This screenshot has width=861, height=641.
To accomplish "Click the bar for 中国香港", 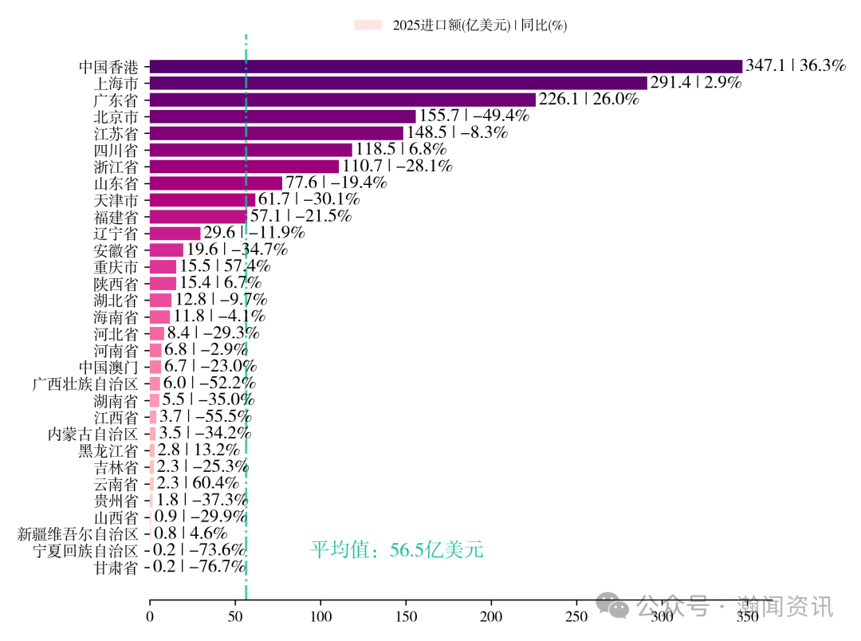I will point(446,66).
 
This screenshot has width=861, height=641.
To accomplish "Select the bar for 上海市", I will point(398,83).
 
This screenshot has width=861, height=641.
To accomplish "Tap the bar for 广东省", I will point(342,100).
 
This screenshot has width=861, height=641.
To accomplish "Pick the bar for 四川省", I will point(250,150).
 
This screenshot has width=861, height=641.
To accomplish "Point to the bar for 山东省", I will point(215,183).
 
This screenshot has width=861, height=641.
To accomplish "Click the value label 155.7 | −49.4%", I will point(474,116).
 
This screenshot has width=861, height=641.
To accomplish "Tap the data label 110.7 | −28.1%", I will point(397,167).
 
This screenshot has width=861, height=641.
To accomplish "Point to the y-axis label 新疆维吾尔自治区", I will point(78,534).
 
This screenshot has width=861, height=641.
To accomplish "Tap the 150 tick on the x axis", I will point(406,617).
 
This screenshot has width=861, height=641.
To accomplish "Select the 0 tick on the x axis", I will point(150,617).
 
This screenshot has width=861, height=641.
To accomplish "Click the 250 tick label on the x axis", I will point(576,617).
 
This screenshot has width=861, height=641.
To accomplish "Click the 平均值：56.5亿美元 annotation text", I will point(396,550).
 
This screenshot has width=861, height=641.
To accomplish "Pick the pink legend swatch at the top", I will point(368,26).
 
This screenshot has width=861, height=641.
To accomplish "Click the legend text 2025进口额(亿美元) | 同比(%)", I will point(479,26).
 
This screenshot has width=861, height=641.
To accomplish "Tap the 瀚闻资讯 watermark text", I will point(785,606).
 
